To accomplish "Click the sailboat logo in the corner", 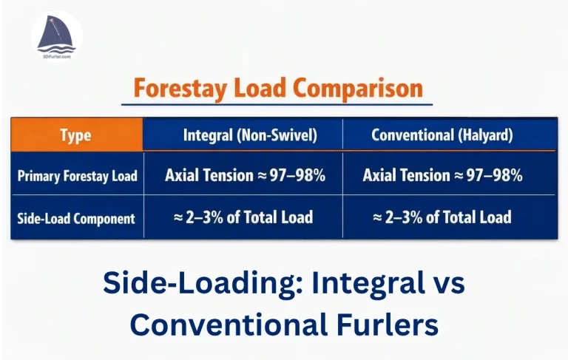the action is coord(56,35).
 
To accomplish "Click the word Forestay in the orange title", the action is coord(180,89).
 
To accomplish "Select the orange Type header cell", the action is coord(77,135).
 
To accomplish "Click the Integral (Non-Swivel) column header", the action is coord(250,135).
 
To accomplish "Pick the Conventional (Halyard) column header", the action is coord(442,135).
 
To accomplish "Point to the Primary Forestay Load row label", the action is coord(78,176).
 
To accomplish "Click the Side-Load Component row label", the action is coord(76,218).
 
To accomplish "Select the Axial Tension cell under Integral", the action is coord(245,175).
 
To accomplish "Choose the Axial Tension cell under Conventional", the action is coord(442,175).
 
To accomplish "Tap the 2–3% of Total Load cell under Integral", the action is coord(243,217).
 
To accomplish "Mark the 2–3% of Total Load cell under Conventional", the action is coord(442,217).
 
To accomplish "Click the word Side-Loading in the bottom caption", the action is coord(203,282).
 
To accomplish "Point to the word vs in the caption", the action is coord(450,285).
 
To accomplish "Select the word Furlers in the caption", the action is coord(388,324).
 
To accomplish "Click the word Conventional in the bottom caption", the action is coord(229,324).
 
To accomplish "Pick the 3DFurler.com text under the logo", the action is coord(56,57).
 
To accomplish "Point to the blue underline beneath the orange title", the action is coord(277,105).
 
